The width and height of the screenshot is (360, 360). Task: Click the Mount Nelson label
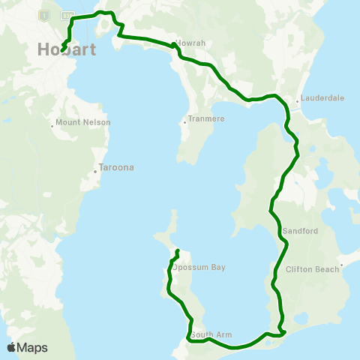click(x=84, y=122)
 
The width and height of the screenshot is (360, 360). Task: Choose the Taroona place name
click(x=116, y=168)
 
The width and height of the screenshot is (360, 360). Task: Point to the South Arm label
click(x=208, y=334)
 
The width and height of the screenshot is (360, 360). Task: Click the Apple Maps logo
click(x=27, y=348)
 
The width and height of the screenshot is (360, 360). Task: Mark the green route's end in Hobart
click(x=62, y=51)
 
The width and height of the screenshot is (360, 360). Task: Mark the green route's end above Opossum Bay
click(x=177, y=250)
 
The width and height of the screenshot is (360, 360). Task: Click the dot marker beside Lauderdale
click(x=298, y=100)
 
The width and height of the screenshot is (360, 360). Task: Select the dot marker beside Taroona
click(x=95, y=172)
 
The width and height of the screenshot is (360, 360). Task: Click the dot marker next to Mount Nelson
click(x=52, y=125)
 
